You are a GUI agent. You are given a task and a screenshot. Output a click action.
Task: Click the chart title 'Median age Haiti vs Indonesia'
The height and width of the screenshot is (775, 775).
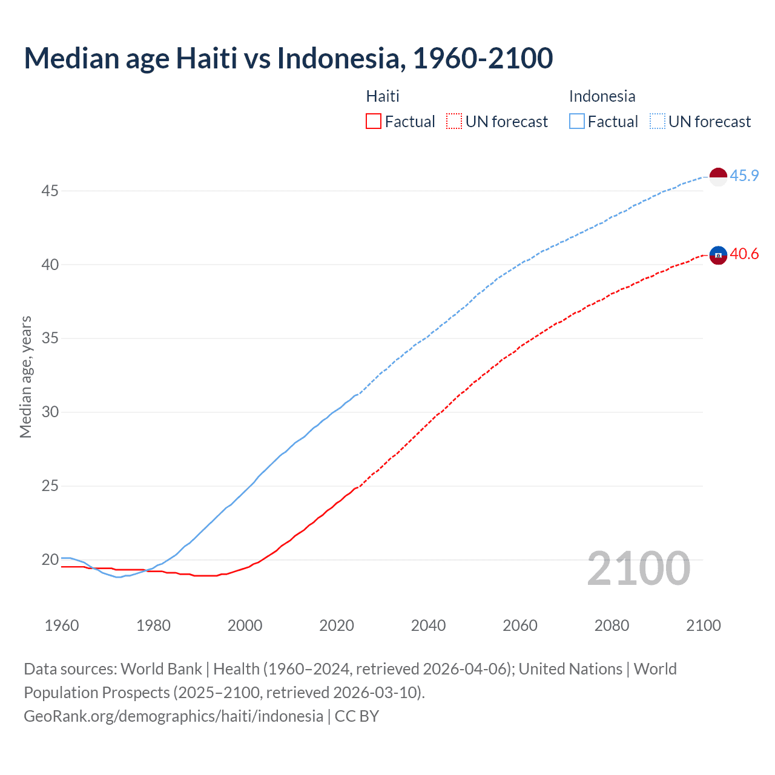coord(288,59)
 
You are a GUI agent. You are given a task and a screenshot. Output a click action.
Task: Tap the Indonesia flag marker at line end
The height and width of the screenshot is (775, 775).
coord(717,177)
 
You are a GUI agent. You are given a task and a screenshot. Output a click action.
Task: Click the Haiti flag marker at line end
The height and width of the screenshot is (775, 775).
coord(717,255)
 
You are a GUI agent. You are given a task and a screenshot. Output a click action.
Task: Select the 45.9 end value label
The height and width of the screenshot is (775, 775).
coord(744,176)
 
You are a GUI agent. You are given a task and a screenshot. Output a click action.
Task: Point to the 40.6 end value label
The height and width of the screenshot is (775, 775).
coord(744,254)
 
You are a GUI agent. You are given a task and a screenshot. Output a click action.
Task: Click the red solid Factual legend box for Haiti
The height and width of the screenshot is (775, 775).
coord(374,122)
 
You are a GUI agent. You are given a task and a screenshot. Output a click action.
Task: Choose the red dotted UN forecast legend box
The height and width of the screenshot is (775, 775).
coord(454,122)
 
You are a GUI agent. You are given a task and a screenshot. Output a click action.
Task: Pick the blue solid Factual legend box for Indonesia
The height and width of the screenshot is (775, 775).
coord(577,122)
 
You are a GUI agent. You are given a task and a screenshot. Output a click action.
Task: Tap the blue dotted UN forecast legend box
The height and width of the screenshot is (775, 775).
coord(657,122)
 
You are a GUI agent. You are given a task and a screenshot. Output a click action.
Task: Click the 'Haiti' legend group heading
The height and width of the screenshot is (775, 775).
coord(383,96)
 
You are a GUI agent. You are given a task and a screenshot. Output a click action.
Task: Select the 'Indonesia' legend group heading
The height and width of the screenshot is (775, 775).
coord(602,96)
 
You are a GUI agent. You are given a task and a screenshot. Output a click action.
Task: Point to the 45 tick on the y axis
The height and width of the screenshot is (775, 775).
coord(50,191)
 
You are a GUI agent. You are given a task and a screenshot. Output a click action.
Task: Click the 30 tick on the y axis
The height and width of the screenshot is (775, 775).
coord(50,412)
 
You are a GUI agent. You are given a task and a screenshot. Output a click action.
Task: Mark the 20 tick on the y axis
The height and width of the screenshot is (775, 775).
coord(50,560)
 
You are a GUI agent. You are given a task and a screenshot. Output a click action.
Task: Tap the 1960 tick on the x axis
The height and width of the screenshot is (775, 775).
coord(62,625)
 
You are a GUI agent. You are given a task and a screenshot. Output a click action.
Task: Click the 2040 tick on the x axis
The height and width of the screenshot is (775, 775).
coord(428,625)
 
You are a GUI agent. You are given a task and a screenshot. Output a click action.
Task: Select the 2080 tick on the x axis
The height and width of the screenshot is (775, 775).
coord(612,625)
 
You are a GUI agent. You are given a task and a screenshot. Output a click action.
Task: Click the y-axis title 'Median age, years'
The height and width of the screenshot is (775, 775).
coord(25,377)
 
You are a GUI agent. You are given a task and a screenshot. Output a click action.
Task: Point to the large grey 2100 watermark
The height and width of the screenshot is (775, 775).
coord(639,569)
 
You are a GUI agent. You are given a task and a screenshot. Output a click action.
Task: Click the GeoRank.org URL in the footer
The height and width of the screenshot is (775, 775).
coord(173,716)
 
